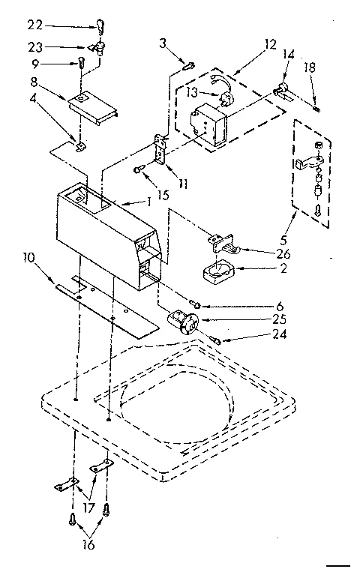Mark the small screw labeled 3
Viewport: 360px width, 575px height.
click(x=190, y=66)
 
